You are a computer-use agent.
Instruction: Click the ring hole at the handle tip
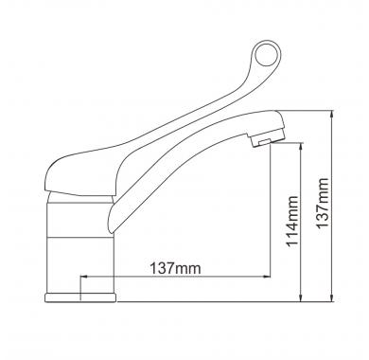tap(266, 53)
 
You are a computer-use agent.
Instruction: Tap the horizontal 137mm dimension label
tap(175, 269)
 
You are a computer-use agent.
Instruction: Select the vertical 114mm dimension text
tap(291, 221)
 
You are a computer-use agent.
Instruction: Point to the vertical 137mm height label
tap(323, 203)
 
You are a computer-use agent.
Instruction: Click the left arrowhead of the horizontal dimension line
tap(84, 277)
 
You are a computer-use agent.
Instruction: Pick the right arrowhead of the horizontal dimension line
tap(268, 277)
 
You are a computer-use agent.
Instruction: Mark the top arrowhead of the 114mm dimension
tap(302, 146)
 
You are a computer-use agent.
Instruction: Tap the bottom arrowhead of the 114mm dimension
tap(302, 298)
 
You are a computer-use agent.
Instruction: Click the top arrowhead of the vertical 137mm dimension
tap(332, 115)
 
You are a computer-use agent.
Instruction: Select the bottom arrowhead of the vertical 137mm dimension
tap(332, 298)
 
